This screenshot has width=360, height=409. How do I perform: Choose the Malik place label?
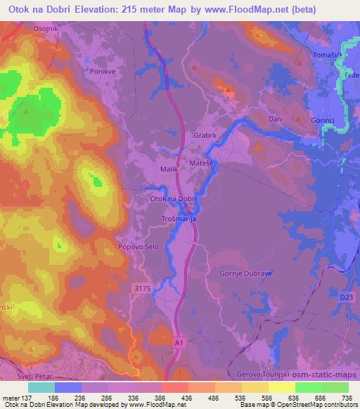pyautogui.click(x=170, y=169)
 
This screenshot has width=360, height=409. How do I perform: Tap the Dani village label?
pyautogui.click(x=276, y=119)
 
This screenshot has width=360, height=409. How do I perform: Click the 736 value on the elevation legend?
pyautogui.click(x=346, y=398)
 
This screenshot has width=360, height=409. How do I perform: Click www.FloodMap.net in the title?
pyautogui.click(x=236, y=9)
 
